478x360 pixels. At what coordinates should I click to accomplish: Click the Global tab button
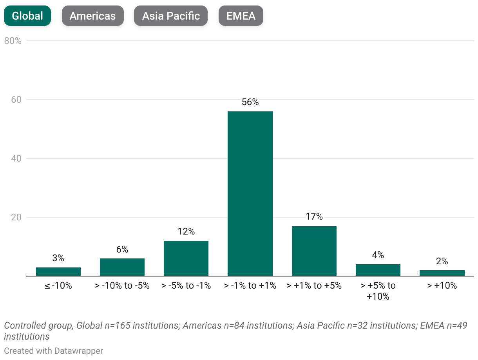[27, 16]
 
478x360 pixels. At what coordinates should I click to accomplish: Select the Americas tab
[92, 16]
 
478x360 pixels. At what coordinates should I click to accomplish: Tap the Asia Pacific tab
[171, 16]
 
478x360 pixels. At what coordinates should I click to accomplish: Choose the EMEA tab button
[241, 16]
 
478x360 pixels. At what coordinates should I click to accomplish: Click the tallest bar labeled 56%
[250, 194]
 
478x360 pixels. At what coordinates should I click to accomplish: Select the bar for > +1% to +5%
[314, 251]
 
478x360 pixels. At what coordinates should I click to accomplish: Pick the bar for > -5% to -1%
[186, 258]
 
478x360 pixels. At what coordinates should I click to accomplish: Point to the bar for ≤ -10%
[58, 272]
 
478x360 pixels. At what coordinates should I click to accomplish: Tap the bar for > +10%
[442, 273]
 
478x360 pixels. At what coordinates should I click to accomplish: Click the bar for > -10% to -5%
[122, 267]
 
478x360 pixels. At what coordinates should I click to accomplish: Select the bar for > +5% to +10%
[378, 270]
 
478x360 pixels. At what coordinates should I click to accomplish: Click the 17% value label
[314, 216]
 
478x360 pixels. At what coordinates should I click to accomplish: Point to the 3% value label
[58, 258]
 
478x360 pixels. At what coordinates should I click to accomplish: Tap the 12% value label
[186, 231]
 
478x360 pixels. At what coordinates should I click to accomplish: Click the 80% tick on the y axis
[13, 41]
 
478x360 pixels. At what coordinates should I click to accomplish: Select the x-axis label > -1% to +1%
[250, 286]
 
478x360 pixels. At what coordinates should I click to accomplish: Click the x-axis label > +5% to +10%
[378, 291]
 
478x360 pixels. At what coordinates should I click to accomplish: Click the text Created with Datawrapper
[54, 351]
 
